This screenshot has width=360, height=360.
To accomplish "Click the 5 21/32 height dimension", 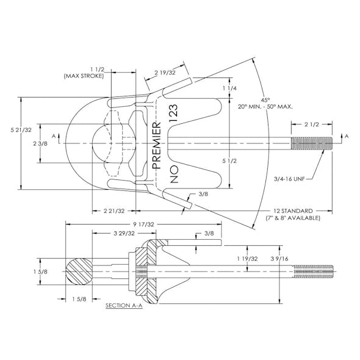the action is [21, 130].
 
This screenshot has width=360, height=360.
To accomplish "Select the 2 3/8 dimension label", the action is [40, 144].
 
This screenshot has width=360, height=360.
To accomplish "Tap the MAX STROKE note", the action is [84, 76].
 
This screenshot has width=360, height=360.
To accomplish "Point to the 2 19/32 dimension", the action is [165, 73].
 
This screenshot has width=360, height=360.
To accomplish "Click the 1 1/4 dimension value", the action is [229, 88].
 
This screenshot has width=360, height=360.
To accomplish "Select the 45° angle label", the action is [265, 100].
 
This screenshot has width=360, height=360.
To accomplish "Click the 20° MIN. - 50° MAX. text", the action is [265, 107].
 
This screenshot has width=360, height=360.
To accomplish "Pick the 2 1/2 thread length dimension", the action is [312, 124].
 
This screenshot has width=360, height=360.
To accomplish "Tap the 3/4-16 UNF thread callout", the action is [289, 179].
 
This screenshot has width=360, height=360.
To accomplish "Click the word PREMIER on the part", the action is [157, 145].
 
